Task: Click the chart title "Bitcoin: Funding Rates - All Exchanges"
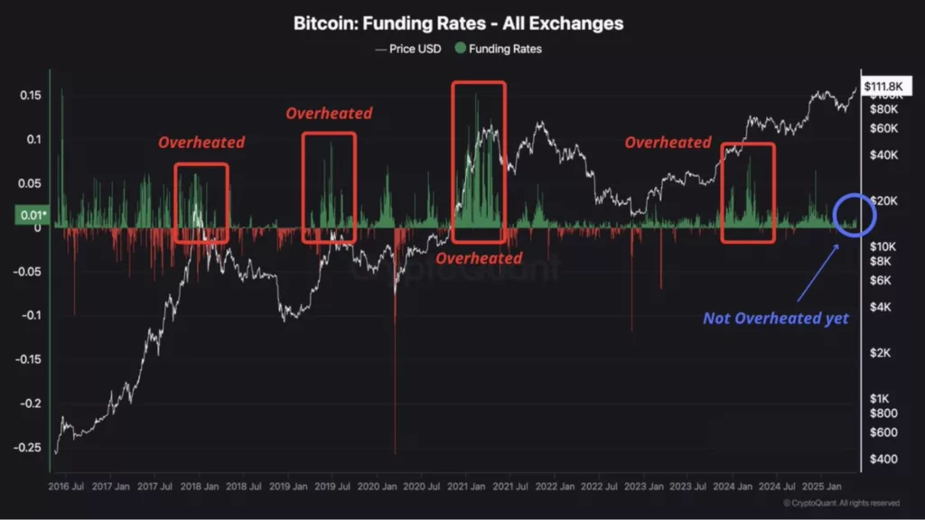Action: click(458, 23)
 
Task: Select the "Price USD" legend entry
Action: click(408, 49)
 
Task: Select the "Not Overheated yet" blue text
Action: click(776, 318)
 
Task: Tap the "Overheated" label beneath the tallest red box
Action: click(479, 258)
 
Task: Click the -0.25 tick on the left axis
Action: click(28, 447)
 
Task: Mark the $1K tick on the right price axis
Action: click(878, 398)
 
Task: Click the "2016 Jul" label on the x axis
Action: click(65, 485)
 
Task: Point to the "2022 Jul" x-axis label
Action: click(598, 485)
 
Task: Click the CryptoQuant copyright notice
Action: click(841, 503)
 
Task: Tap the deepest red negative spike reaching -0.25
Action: click(396, 447)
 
